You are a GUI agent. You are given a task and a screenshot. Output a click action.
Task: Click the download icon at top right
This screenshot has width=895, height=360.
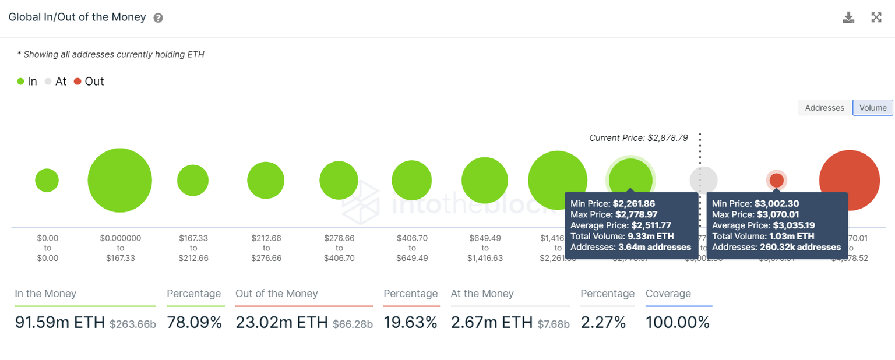click(x=848, y=17)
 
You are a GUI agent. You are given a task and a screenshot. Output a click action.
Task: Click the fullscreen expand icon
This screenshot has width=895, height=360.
click(x=876, y=17)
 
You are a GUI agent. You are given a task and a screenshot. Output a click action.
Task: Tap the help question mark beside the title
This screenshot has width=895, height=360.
click(x=158, y=18)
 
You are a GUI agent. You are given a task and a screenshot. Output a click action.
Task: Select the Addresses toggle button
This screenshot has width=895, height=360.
click(x=824, y=108)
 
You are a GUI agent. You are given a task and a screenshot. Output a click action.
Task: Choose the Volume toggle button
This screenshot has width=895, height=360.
click(x=872, y=108)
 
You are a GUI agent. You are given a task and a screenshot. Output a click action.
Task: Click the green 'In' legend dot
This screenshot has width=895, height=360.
click(x=21, y=82)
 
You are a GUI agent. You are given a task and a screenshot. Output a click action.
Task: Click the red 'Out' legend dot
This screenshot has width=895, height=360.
click(x=77, y=82)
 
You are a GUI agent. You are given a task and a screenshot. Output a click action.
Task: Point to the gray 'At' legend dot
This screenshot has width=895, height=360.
click(x=48, y=82)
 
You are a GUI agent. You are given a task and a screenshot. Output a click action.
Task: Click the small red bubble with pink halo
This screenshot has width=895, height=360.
click(x=776, y=180)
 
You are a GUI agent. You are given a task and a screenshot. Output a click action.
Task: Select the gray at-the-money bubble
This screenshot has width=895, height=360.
click(x=703, y=180)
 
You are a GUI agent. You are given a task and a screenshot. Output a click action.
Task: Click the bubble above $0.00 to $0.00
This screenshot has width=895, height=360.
click(x=47, y=180)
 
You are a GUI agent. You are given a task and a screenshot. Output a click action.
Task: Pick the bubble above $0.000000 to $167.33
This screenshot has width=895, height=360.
click(x=120, y=180)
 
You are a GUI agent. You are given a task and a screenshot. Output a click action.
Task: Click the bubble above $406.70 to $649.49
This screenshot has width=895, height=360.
click(x=411, y=180)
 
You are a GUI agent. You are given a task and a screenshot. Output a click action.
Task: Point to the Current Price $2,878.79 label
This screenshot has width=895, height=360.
click(x=638, y=138)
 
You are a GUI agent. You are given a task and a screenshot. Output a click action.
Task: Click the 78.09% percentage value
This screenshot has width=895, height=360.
click(x=194, y=322)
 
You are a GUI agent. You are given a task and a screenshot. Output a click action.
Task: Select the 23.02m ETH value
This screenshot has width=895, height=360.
click(x=281, y=322)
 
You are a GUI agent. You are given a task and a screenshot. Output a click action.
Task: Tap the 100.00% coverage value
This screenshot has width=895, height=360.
click(x=677, y=322)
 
